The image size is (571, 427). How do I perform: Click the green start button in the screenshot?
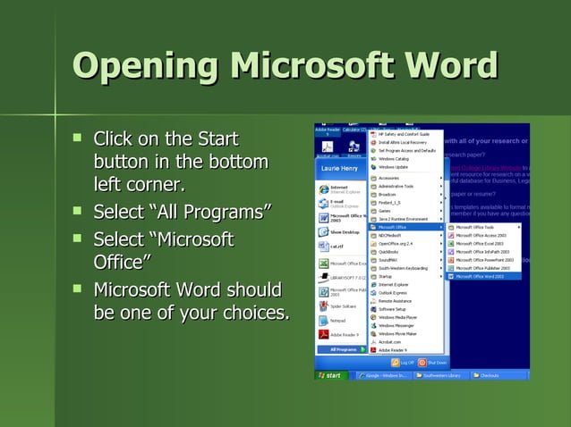pos(331,375)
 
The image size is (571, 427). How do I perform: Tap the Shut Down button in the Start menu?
pos(431,363)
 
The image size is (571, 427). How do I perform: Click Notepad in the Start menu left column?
pos(337,319)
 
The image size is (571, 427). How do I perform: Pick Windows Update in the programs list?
pos(394,166)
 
